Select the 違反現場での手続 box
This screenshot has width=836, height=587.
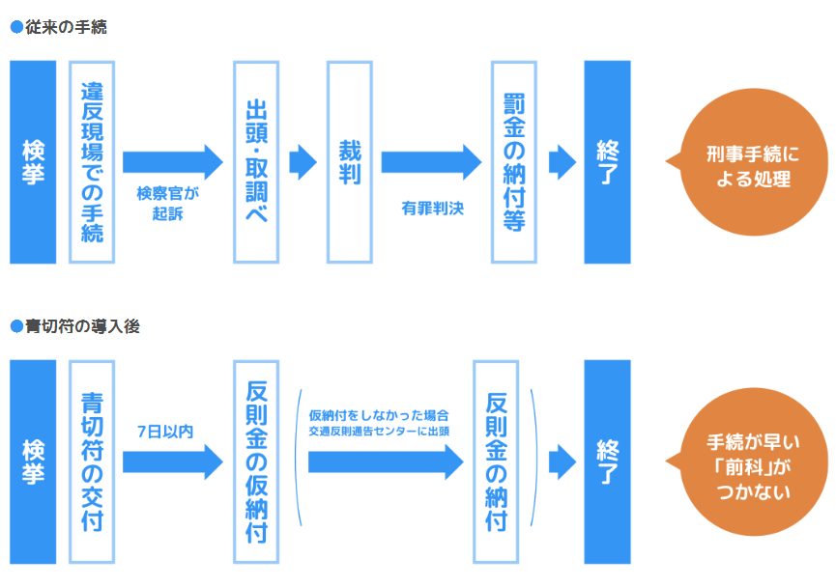[92, 162]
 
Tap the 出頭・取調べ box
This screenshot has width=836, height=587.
[256, 162]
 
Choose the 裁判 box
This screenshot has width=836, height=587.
[349, 162]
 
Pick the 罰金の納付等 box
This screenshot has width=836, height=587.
[513, 162]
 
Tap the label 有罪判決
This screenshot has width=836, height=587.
[432, 207]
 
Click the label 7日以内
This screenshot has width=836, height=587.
[165, 431]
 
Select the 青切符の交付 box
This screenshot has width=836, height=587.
[92, 461]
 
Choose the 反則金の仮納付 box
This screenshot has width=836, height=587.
[256, 461]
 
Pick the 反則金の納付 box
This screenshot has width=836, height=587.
[496, 461]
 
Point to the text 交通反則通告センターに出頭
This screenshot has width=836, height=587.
[379, 431]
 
